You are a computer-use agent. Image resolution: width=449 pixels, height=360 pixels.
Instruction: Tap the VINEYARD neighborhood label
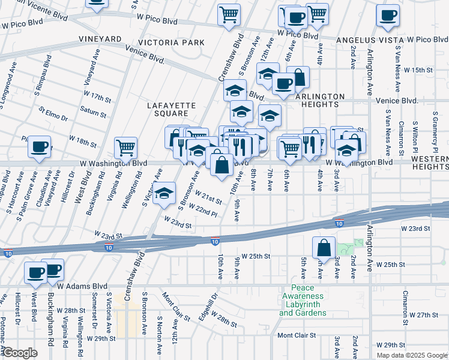click(100, 38)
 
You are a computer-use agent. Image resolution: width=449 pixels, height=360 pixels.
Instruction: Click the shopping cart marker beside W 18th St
click(125, 147)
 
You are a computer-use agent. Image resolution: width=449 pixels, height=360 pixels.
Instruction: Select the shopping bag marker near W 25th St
click(324, 247)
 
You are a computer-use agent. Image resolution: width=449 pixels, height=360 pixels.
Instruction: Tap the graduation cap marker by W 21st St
click(164, 193)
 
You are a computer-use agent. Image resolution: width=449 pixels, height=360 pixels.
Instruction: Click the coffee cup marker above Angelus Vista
click(388, 15)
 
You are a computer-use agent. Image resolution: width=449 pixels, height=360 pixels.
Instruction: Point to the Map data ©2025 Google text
click(412, 355)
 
